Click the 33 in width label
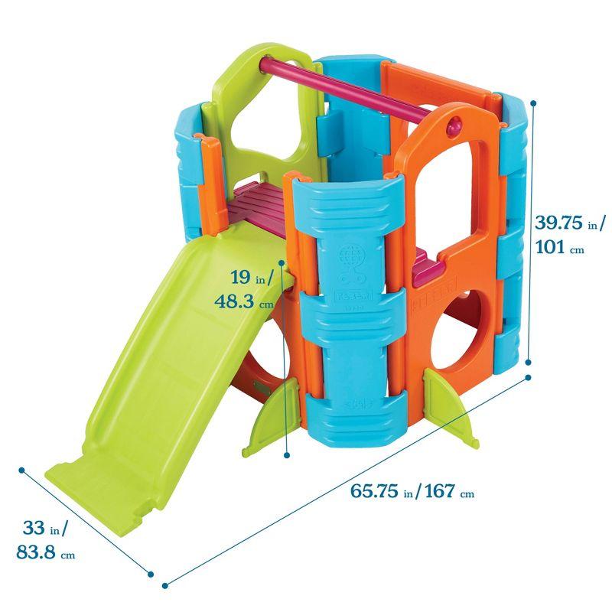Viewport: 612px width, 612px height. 43,528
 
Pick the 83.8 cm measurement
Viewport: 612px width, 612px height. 44,553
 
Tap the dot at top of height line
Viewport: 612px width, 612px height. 533,102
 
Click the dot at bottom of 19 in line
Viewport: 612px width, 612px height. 287,454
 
